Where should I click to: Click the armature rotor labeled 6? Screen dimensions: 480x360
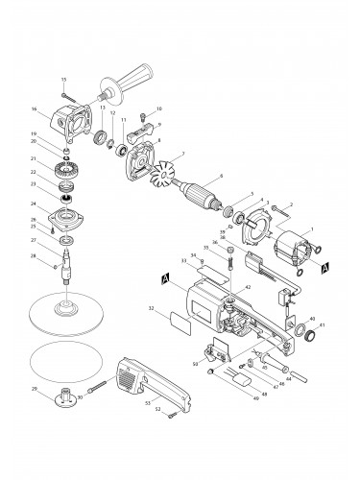click(205, 193)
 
